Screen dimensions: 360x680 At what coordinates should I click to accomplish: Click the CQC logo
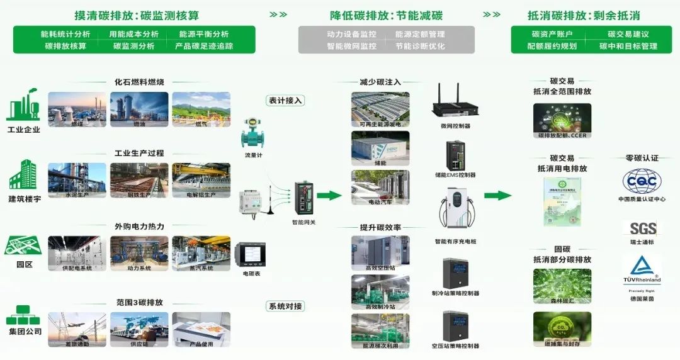pos(642,181)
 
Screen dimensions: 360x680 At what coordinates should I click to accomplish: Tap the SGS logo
pos(642,228)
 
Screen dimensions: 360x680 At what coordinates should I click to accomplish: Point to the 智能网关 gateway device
pos(305,198)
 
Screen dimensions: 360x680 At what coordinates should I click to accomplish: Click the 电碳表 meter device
pos(250,255)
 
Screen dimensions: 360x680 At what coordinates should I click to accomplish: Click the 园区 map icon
pos(23,246)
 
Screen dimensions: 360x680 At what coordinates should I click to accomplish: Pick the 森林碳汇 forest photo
pos(562,283)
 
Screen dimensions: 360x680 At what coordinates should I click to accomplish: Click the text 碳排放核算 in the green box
pos(65,46)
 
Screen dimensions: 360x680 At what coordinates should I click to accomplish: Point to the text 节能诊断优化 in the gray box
pos(420,46)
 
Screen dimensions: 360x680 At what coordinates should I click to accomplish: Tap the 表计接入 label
pos(286,100)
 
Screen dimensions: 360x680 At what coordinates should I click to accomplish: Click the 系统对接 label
pos(286,307)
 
